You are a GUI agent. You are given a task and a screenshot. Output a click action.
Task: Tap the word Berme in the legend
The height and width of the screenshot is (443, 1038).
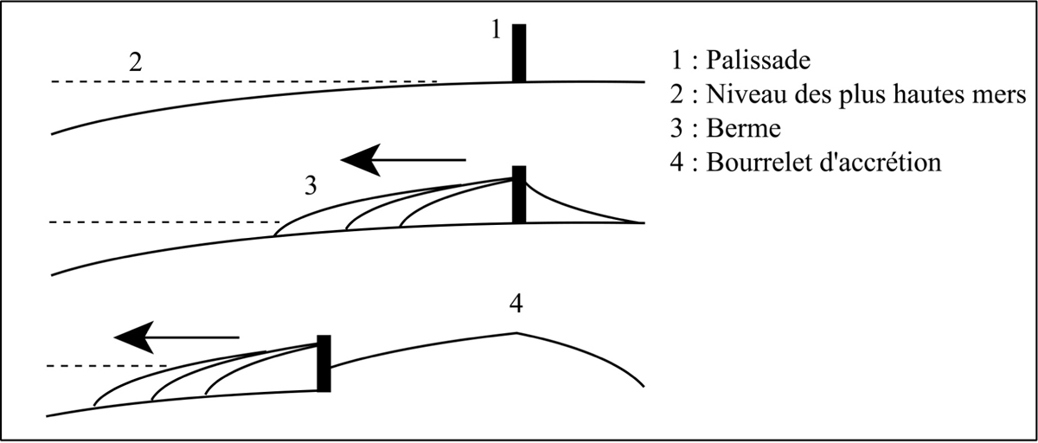pyautogui.click(x=744, y=129)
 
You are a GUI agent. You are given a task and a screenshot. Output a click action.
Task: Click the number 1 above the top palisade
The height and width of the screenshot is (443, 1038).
pyautogui.click(x=495, y=30)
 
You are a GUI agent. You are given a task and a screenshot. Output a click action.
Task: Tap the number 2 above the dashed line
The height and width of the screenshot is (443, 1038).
pyautogui.click(x=134, y=63)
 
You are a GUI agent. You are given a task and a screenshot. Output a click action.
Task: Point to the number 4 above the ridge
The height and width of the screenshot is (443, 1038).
pyautogui.click(x=516, y=305)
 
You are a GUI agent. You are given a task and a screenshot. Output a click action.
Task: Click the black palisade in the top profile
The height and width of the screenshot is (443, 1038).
pyautogui.click(x=518, y=53)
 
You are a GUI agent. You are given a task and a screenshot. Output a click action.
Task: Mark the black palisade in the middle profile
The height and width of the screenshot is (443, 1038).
pyautogui.click(x=518, y=194)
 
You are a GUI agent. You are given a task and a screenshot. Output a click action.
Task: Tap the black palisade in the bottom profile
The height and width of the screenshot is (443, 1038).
pyautogui.click(x=324, y=363)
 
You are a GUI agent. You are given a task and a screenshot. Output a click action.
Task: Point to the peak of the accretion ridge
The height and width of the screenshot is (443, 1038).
pyautogui.click(x=516, y=332)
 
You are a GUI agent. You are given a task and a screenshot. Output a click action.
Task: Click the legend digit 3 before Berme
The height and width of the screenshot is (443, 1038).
pyautogui.click(x=676, y=129)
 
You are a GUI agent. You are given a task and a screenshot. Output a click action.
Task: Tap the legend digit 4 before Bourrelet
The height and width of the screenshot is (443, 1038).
pyautogui.click(x=676, y=163)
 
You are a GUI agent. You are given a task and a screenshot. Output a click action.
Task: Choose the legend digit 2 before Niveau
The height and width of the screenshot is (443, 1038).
pyautogui.click(x=676, y=94)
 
